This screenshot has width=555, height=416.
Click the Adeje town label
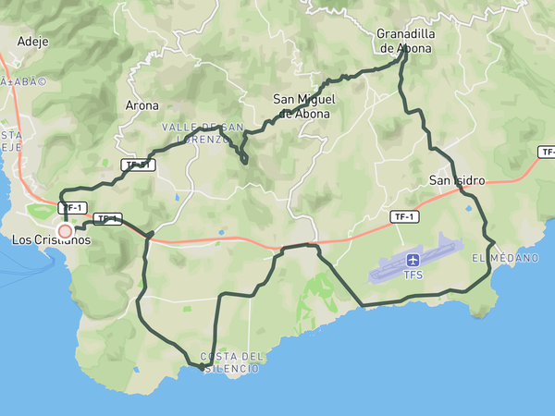pyautogui.click(x=32, y=42)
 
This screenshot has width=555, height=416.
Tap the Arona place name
pyautogui.click(x=142, y=105)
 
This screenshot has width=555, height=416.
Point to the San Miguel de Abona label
pyautogui.click(x=304, y=106)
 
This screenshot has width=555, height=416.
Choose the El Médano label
pyautogui.click(x=505, y=258)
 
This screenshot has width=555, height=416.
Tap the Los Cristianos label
pyautogui.click(x=51, y=239)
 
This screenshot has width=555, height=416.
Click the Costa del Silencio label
pyautogui.click(x=231, y=362)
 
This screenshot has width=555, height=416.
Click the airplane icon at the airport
pyautogui.click(x=413, y=260)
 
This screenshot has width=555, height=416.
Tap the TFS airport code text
pyautogui.click(x=413, y=275)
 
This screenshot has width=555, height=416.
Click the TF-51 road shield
pyautogui.click(x=138, y=165)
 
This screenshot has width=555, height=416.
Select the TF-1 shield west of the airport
pyautogui.click(x=401, y=216)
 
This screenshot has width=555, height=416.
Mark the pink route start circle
pyautogui.click(x=65, y=231)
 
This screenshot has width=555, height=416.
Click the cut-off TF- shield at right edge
pyautogui.click(x=547, y=152)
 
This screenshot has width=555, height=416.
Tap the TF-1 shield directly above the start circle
pyautogui.click(x=72, y=208)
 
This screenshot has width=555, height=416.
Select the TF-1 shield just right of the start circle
pyautogui.click(x=107, y=219)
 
